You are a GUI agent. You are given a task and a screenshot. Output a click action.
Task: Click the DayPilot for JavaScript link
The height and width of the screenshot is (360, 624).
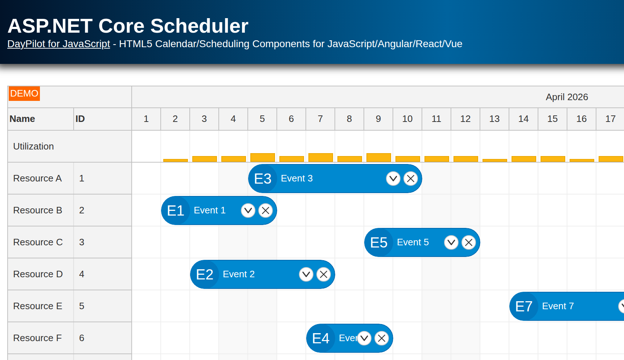point(58,44)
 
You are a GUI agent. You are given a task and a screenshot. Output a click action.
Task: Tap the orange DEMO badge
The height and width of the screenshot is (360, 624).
point(24,94)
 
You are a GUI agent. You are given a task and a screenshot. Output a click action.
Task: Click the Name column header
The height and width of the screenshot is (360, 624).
point(22,119)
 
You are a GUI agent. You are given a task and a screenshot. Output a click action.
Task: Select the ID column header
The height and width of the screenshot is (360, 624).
point(80,119)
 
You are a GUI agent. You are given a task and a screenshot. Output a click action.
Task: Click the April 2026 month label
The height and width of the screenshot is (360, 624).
point(567,97)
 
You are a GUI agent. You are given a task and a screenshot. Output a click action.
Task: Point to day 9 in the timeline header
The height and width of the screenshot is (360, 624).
point(378,119)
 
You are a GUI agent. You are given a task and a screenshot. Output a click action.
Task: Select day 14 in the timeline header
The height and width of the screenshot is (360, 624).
point(524,119)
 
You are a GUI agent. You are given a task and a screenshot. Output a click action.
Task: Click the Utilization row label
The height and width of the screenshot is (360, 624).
point(34,147)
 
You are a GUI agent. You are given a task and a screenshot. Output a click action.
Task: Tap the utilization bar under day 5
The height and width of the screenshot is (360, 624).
point(262,157)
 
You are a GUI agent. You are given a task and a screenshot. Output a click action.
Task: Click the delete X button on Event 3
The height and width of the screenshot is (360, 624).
point(411,179)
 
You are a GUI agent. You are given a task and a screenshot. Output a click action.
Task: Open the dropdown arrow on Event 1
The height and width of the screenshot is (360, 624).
point(248,210)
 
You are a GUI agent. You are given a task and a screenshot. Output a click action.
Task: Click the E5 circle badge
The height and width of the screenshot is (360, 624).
point(379,242)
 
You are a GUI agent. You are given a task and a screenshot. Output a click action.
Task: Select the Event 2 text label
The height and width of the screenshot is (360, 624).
point(239,274)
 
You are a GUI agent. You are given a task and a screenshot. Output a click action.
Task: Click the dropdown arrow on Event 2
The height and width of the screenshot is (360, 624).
point(306,274)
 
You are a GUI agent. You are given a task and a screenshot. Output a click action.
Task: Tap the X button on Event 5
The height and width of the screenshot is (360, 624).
point(469,242)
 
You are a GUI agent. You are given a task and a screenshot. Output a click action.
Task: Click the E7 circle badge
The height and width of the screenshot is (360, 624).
point(524,306)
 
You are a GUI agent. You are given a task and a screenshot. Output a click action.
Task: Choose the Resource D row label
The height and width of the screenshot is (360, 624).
point(38,274)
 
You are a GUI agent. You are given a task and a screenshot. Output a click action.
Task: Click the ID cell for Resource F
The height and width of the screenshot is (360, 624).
point(82,338)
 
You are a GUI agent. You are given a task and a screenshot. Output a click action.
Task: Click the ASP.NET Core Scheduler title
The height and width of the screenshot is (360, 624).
point(128,26)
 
